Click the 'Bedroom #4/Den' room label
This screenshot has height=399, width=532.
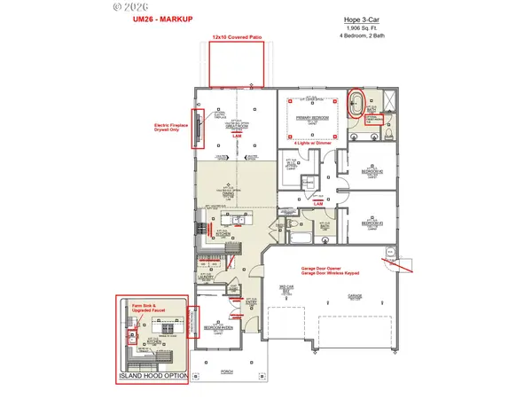tap(219, 327)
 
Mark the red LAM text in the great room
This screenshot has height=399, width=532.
tap(237, 135)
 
